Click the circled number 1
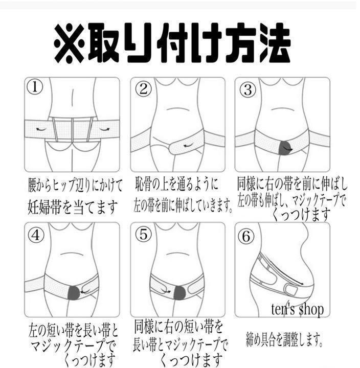(x=35, y=87)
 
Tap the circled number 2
(x=143, y=89)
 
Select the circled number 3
(x=247, y=89)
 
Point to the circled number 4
(x=36, y=235)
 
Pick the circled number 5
(x=144, y=234)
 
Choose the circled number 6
(x=246, y=236)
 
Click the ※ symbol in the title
(x=69, y=43)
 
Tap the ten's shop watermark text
(x=297, y=309)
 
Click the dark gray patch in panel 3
(x=285, y=147)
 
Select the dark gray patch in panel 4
(x=74, y=293)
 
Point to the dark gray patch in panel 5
(x=181, y=292)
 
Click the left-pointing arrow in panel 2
(x=188, y=146)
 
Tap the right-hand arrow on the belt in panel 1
(x=104, y=129)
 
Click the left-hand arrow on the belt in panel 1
(x=41, y=129)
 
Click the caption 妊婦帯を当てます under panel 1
(x=72, y=208)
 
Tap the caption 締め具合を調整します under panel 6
(x=284, y=339)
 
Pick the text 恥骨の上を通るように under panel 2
(x=176, y=184)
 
